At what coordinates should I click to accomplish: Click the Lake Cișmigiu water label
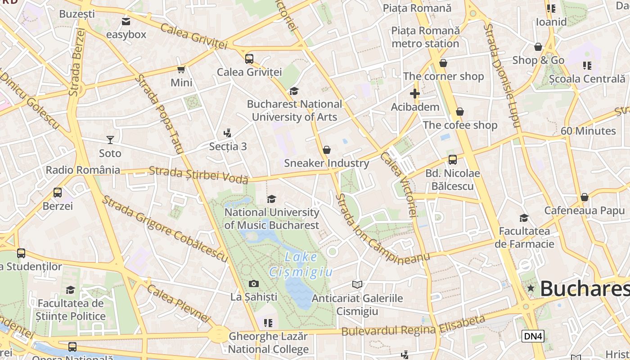coord(301,265)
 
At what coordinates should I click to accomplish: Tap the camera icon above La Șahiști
coord(254,283)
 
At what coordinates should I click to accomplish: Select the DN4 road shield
coord(533,336)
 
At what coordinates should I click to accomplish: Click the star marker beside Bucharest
coord(531,288)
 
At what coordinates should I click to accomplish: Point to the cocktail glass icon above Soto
coord(110,139)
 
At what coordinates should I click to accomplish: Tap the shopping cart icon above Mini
coord(181,69)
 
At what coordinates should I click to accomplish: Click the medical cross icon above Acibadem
coord(415,94)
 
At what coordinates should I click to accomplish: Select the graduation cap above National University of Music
coord(272,199)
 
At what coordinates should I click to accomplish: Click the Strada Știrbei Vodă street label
coord(198,175)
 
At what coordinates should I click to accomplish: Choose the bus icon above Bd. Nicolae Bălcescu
coord(453,159)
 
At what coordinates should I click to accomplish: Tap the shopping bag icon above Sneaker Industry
coord(327,150)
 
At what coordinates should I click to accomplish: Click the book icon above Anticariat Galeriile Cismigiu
coord(357,284)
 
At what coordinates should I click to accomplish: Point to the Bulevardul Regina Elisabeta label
coord(414,327)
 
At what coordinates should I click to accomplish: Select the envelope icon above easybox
coord(126,21)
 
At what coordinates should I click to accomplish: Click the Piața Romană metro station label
coord(425,37)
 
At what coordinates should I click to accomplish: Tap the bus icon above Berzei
coord(58,193)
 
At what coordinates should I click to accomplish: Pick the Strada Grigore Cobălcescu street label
coord(165,229)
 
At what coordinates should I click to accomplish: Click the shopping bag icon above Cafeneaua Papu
coord(585,197)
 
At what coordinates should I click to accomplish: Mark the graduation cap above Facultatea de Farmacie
coord(524,218)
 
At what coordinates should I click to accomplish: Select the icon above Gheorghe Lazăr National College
coord(268,323)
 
